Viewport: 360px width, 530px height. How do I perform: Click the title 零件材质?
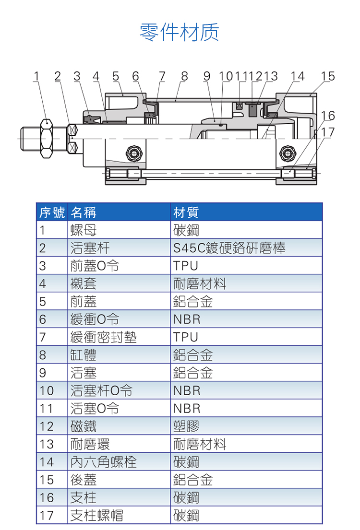point(179,32)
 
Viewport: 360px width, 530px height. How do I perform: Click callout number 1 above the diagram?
point(36,76)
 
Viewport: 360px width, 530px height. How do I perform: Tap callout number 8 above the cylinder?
point(184,76)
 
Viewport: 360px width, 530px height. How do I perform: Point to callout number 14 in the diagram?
point(297,76)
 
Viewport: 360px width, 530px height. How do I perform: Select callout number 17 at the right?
point(328,131)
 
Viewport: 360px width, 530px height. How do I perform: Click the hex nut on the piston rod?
point(46,139)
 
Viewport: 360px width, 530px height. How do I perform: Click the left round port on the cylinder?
point(134,153)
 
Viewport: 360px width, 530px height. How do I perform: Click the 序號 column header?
point(52,212)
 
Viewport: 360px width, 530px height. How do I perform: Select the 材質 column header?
point(186,212)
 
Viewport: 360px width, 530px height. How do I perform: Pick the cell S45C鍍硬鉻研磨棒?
point(229,248)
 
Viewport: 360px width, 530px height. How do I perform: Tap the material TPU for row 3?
point(186,266)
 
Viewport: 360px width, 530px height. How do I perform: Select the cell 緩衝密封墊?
point(103,337)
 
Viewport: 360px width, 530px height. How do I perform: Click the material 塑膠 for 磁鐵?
point(186,426)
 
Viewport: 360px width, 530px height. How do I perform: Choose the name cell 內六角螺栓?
point(103,462)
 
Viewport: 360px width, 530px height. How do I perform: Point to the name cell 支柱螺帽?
point(96,516)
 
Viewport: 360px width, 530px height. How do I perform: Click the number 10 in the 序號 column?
point(47,391)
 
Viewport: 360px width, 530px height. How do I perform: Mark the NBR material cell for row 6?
point(187,319)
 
